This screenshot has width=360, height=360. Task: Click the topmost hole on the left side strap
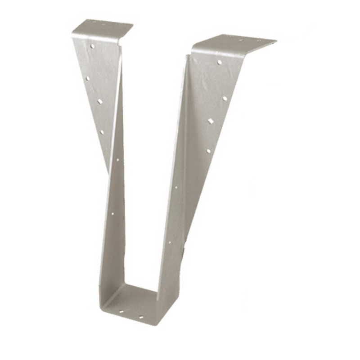(x=92, y=46)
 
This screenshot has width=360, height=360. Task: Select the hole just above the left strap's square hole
(x=87, y=78)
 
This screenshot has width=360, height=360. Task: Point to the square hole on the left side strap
(x=100, y=102)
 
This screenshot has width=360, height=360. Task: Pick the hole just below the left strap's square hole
(x=102, y=132)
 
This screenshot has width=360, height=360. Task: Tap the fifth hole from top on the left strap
(x=117, y=159)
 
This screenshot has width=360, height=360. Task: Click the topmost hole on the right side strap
(x=220, y=62)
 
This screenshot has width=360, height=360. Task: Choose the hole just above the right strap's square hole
(x=225, y=98)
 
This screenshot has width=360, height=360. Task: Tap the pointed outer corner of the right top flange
(x=275, y=42)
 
